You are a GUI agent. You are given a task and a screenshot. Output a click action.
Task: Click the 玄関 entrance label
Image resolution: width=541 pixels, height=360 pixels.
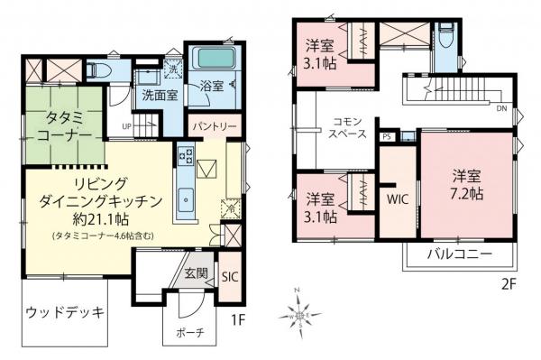click(197, 272)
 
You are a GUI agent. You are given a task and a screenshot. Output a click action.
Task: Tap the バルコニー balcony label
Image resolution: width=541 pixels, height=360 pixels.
click(459, 255)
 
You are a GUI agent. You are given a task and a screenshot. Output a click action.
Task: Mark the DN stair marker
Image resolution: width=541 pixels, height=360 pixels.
click(501, 108)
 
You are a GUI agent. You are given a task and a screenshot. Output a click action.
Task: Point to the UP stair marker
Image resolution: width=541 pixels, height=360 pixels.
click(127, 127)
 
